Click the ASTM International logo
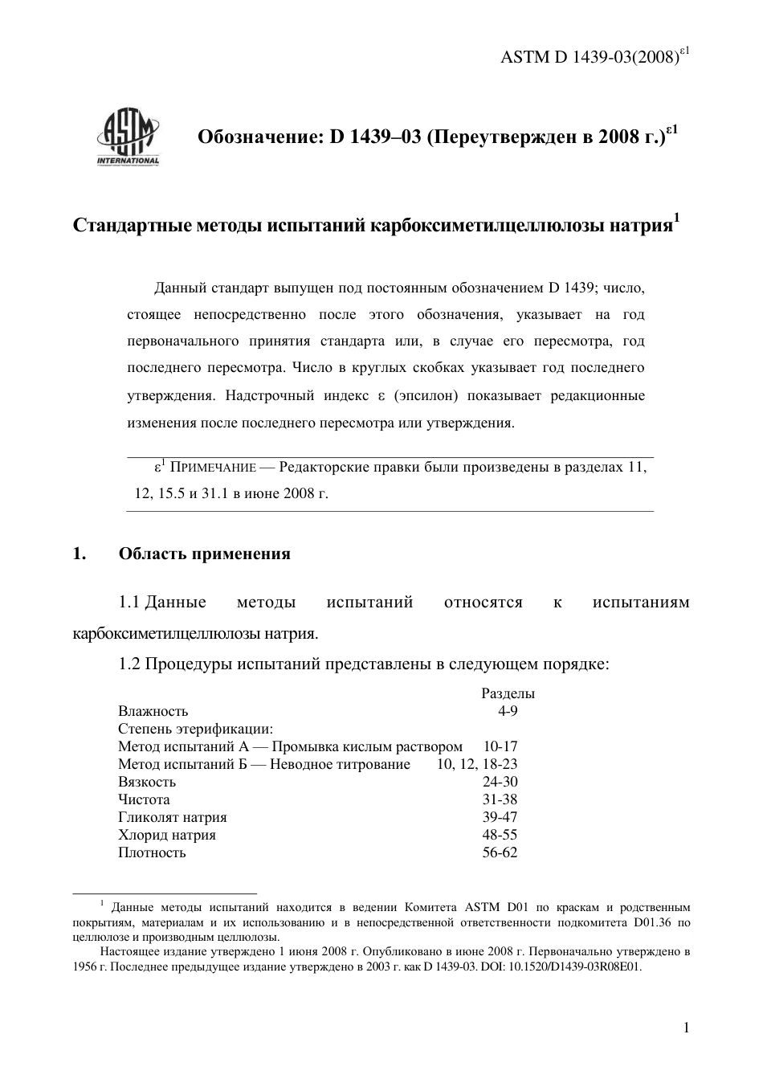click(128, 137)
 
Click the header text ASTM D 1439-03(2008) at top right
click(595, 57)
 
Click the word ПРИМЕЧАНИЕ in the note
click(212, 468)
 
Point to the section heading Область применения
click(204, 554)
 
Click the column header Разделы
click(508, 693)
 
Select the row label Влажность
click(153, 711)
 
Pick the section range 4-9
click(508, 711)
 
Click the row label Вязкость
click(147, 782)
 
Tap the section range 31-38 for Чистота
click(500, 799)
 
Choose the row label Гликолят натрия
click(172, 817)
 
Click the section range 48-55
click(500, 835)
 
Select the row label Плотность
click(152, 852)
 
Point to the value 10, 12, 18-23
click(477, 764)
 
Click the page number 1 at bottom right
click(686, 1028)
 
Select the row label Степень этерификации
click(195, 729)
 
